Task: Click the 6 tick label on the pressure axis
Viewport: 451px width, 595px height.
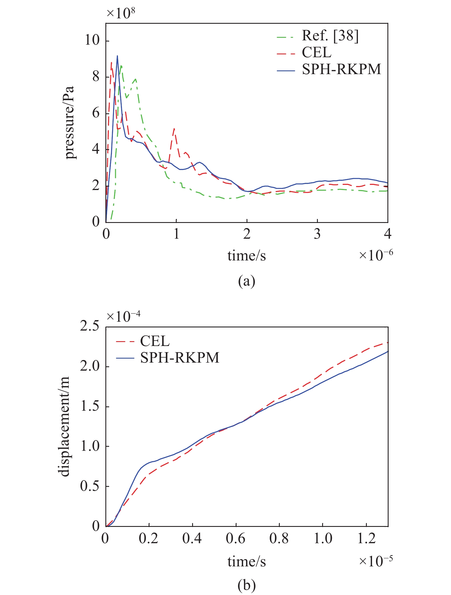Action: (x=96, y=113)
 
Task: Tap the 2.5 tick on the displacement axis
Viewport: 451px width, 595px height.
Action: (x=89, y=326)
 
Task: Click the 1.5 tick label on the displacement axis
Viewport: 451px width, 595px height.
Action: (x=89, y=406)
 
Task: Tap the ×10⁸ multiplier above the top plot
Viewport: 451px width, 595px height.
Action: (x=121, y=13)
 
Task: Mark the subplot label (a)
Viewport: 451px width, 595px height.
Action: (x=247, y=282)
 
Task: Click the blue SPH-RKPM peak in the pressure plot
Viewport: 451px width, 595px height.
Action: (x=117, y=56)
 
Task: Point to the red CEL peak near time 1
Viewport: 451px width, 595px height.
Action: (x=174, y=129)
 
